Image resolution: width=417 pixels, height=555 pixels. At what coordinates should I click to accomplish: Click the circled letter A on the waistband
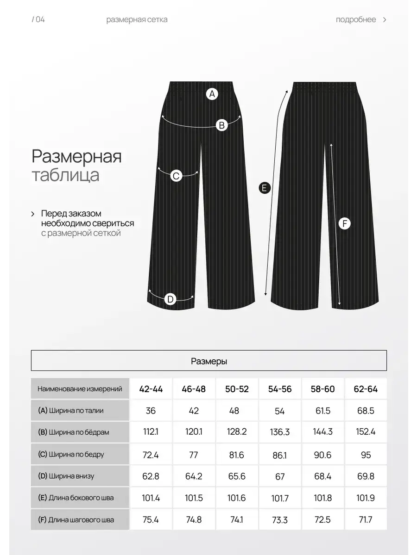pos(212,94)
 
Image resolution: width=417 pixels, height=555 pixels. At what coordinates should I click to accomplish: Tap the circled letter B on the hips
pos(222,124)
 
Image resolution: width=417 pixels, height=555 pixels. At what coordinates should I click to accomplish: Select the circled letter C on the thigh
pos(176,176)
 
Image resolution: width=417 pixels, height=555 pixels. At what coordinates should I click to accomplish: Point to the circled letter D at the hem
pos(171,299)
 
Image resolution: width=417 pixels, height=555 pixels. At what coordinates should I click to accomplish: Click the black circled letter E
pos(264,188)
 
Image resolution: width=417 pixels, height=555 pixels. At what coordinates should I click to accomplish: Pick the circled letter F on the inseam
pos(344,224)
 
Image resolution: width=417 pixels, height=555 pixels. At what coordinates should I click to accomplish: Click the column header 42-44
pos(151,389)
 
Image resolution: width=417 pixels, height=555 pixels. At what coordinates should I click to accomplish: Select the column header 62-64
pos(366,389)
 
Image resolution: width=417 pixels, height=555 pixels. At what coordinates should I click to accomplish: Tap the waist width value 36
pos(151,411)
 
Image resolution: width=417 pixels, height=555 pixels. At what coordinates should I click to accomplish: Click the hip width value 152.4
pos(366,432)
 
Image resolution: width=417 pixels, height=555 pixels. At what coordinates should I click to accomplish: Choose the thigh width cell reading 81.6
pos(237,454)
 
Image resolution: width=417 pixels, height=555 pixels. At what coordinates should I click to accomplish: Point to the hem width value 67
pos(280,476)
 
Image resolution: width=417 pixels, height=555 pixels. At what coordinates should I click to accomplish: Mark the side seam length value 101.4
pos(151,498)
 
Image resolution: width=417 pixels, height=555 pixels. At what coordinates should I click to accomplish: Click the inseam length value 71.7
pos(366,520)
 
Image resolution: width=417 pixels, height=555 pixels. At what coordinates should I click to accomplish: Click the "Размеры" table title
pos(209,361)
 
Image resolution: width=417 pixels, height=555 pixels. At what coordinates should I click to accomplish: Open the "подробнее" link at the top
pos(356,19)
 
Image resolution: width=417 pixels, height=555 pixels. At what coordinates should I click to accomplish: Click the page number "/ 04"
pos(38,19)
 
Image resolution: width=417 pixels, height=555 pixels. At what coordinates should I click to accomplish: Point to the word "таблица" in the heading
pos(65,176)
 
